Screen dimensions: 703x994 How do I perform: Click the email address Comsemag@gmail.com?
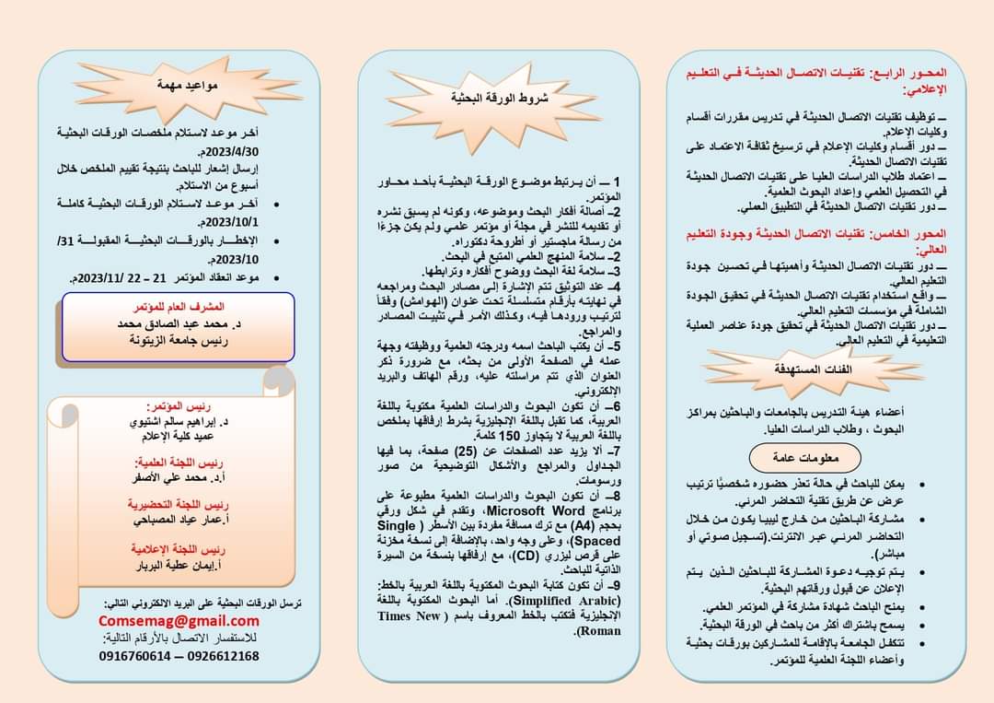tap(179, 621)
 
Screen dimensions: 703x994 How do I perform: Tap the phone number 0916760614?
tap(135, 656)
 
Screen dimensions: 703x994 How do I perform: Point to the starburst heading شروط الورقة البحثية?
tap(498, 98)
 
